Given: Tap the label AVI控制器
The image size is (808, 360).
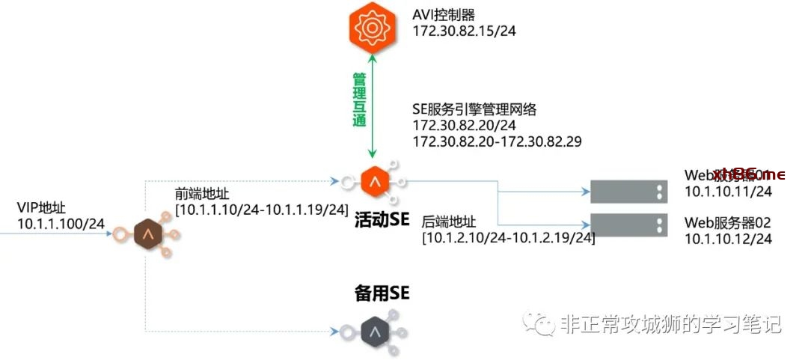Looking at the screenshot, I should (x=444, y=15).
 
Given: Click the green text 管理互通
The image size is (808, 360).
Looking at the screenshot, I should (x=359, y=99).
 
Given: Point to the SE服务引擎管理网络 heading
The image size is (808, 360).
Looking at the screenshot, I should (x=474, y=109).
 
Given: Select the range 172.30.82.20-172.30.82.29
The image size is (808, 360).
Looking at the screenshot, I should (x=497, y=141).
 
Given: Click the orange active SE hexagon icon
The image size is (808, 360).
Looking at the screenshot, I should (x=372, y=182).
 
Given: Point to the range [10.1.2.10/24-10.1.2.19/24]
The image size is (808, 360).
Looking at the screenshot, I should (x=509, y=238).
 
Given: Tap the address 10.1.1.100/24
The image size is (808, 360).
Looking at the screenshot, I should (x=60, y=222).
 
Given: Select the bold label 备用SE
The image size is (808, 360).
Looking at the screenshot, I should (x=382, y=293).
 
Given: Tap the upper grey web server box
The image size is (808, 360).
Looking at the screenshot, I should (x=628, y=192).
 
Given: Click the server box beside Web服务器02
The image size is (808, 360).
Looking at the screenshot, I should (x=628, y=224).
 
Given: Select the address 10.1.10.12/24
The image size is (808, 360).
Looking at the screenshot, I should (x=728, y=239).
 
